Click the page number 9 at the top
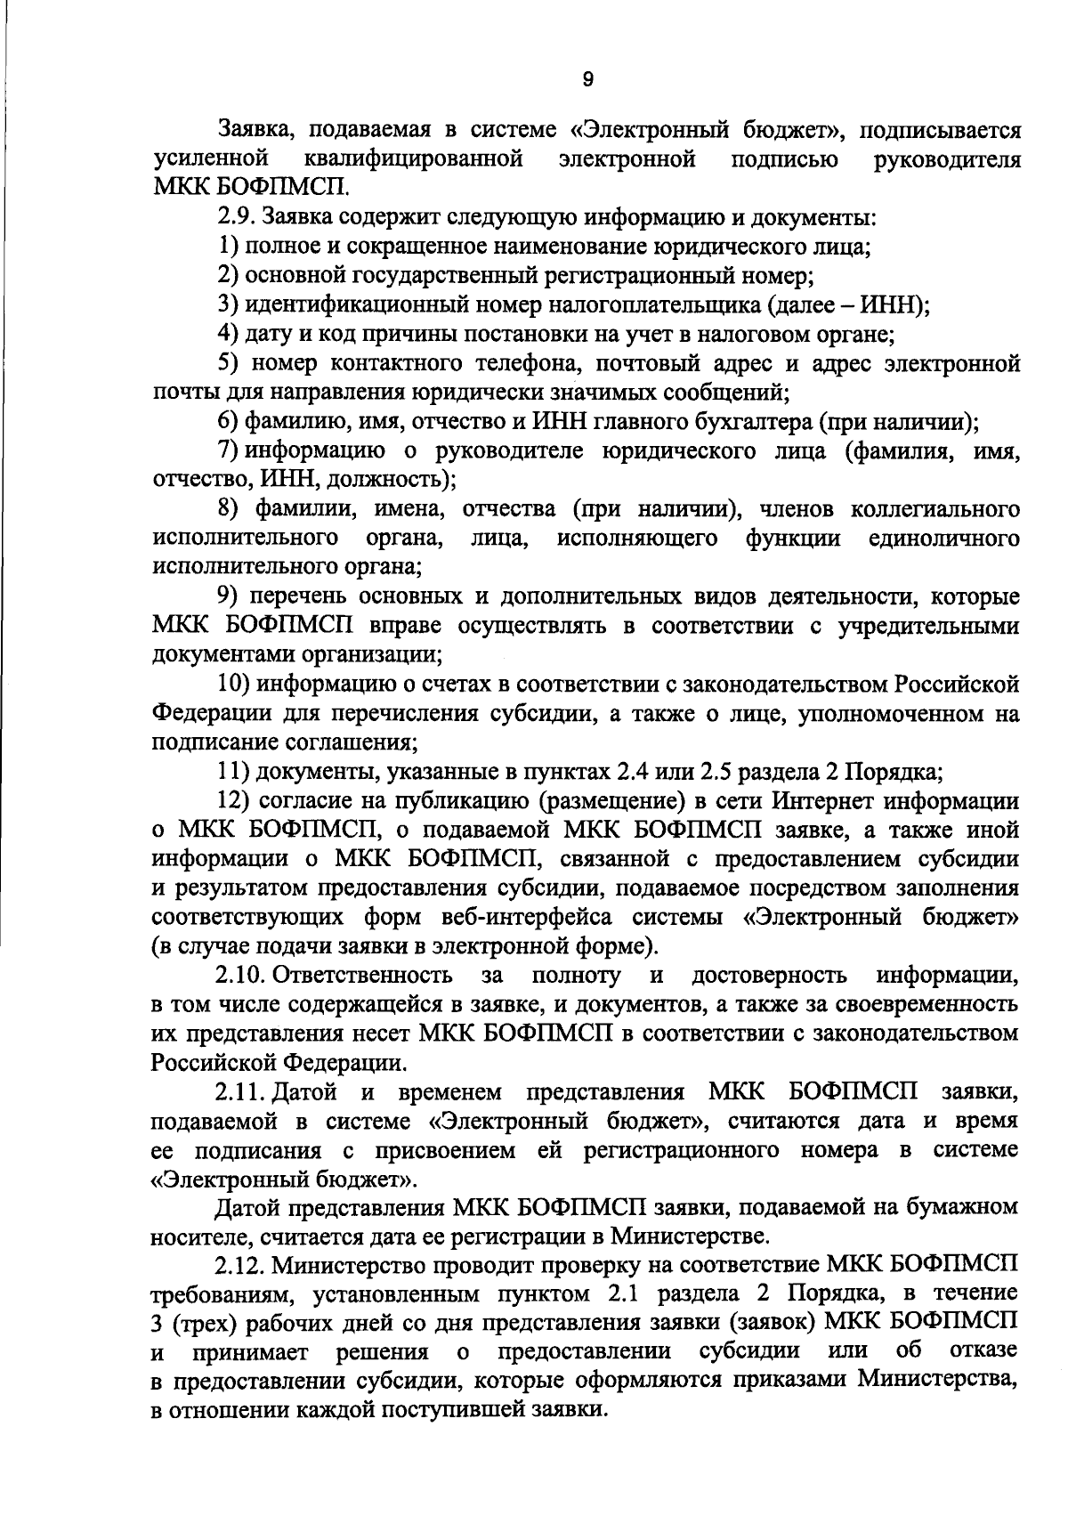587,79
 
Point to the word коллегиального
935,509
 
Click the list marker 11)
233,771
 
